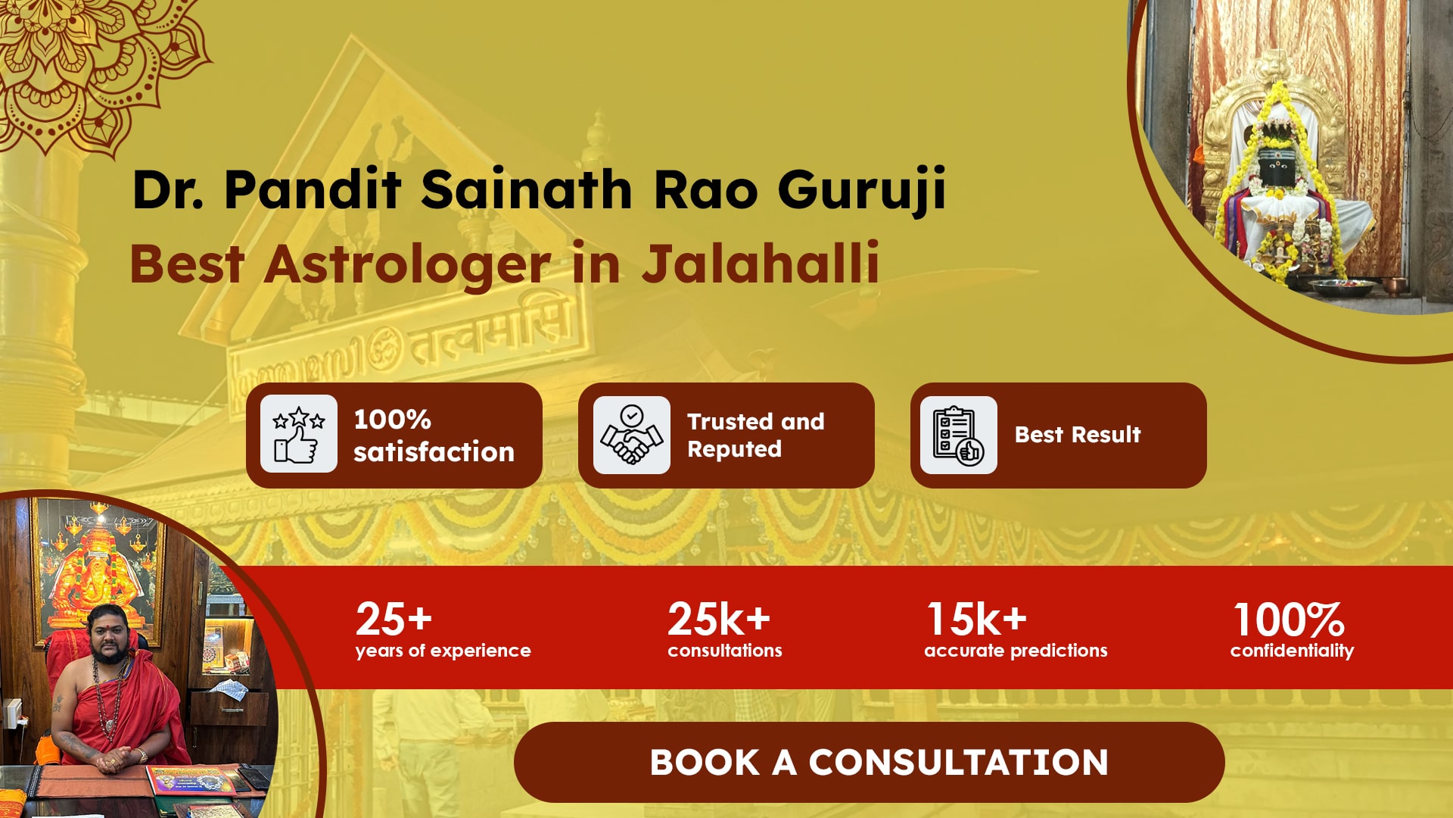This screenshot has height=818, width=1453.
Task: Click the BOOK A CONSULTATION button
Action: coord(869,762)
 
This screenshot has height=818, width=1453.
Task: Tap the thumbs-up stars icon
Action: coord(299,434)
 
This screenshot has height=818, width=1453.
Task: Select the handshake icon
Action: coord(632,435)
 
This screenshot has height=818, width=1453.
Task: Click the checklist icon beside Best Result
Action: coord(958,435)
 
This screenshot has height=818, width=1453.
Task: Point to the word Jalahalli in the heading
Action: coord(761,264)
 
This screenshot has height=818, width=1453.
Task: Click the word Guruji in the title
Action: coord(862,190)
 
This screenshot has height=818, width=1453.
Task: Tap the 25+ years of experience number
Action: coord(394,619)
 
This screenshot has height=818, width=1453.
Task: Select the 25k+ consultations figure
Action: coord(719,619)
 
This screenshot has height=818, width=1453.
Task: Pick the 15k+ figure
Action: coord(977,619)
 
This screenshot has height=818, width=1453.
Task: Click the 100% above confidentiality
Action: coord(1290,620)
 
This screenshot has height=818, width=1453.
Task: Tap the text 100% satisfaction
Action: coord(434,436)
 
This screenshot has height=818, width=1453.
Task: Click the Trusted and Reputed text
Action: coord(755,435)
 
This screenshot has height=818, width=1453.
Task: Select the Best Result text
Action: coord(1078,435)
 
